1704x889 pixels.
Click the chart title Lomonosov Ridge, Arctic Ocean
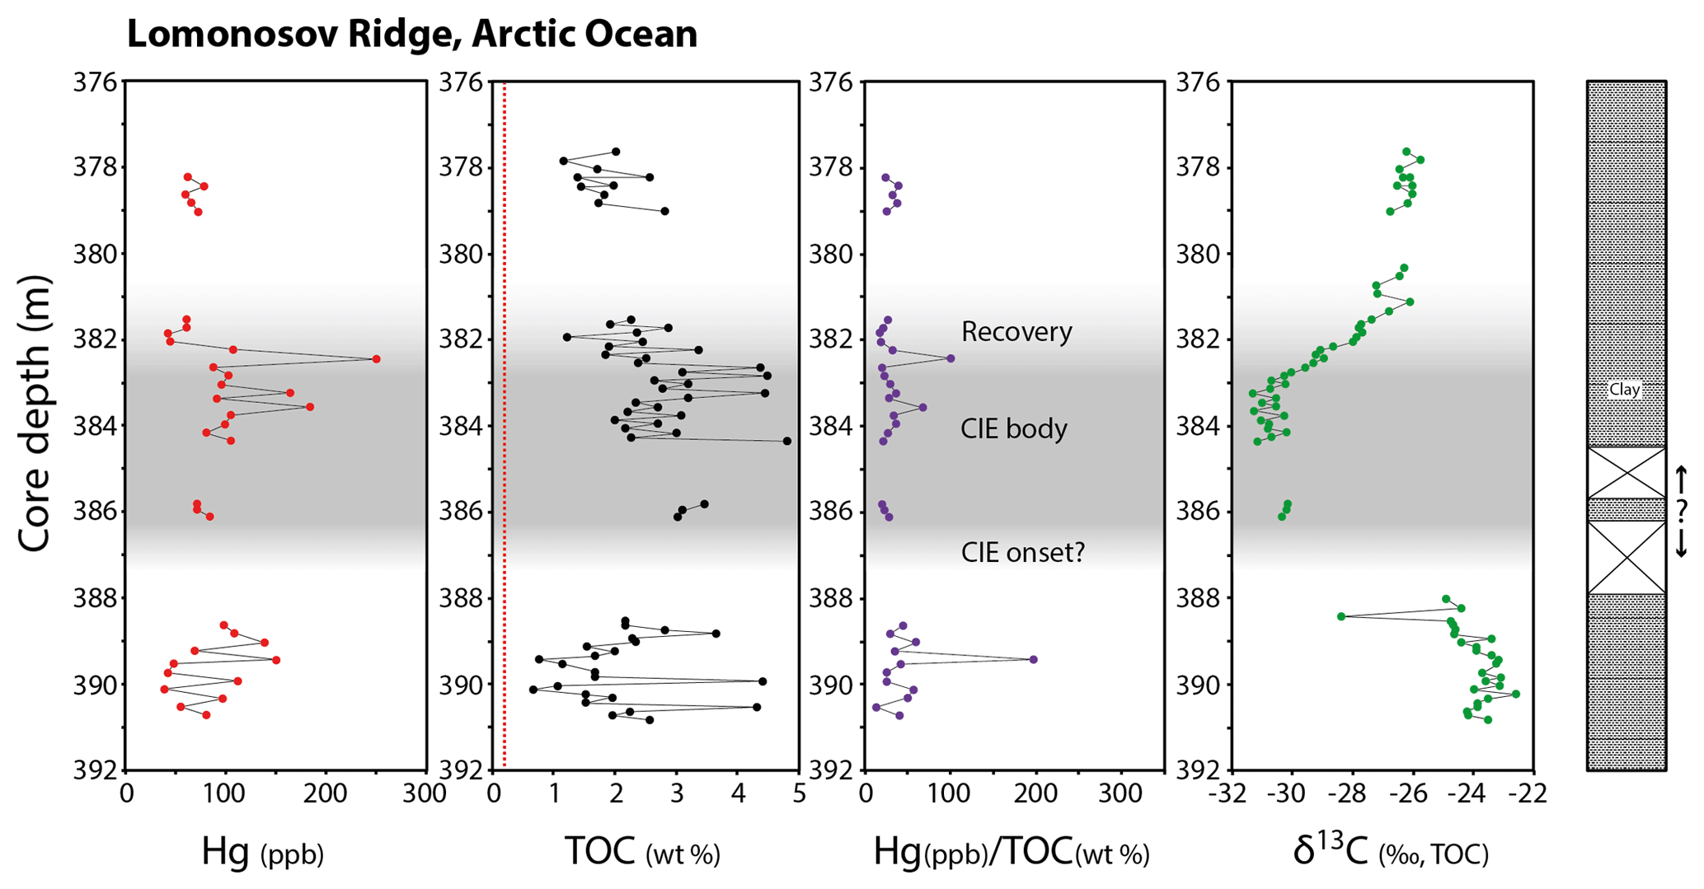pos(412,35)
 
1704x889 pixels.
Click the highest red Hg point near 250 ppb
pos(376,358)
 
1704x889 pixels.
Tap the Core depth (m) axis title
pos(34,414)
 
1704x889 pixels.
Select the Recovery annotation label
pos(1016,332)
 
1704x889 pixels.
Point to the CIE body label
pos(1013,429)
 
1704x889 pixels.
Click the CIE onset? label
pos(1022,552)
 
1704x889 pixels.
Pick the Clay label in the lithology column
pos(1625,390)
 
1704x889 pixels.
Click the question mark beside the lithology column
pos(1682,511)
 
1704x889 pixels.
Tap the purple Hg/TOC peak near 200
pos(1033,659)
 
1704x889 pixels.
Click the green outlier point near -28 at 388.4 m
pos(1341,616)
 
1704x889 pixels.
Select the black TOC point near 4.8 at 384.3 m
pos(786,441)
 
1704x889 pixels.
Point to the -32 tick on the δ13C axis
pos(1231,793)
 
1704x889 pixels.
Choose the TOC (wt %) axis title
pos(642,852)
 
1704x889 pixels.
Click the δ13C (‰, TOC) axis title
pos(1391,852)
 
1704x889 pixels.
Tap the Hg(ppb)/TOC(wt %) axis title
pos(1011,852)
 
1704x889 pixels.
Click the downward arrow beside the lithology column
pos(1682,544)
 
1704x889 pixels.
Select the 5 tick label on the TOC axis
pos(799,793)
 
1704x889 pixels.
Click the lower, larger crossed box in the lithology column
pos(1627,558)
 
